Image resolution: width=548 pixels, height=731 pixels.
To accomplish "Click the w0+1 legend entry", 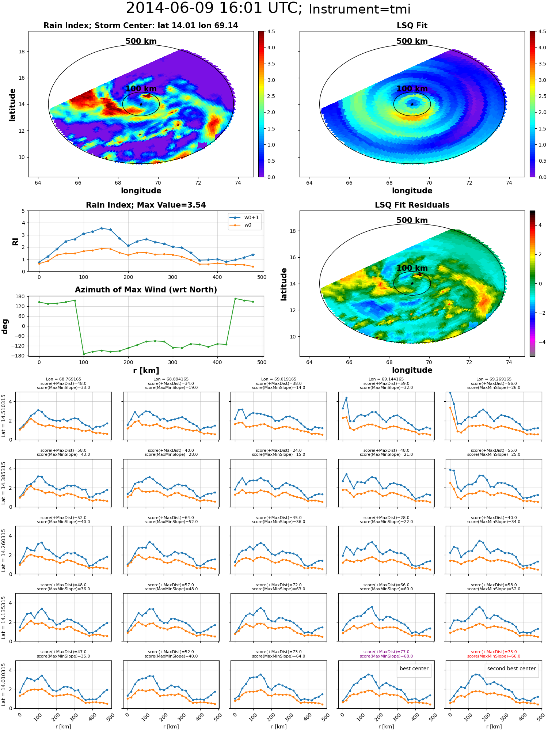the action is (244, 218).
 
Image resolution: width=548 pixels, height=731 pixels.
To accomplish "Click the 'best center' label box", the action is (414, 668).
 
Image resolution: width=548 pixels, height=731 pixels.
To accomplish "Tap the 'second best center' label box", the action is (511, 668).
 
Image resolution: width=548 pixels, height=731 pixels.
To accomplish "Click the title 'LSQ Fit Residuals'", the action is (412, 205).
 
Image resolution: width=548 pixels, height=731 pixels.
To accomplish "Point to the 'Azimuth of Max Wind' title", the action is (146, 290).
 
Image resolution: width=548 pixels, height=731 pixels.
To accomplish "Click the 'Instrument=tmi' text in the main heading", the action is (359, 9).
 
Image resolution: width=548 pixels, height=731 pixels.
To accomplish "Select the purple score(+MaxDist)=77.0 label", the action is (386, 652).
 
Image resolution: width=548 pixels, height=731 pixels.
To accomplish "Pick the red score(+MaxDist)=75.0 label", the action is (494, 652).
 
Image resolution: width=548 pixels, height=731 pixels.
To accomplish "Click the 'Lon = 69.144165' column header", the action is (386, 379).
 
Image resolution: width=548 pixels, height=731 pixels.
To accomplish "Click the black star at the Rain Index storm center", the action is (141, 104).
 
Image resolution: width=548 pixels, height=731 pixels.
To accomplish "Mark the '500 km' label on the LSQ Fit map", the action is (412, 41).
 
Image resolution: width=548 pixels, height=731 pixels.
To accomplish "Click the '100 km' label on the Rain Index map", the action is (141, 89).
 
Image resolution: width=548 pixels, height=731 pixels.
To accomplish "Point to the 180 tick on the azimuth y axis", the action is (21, 296).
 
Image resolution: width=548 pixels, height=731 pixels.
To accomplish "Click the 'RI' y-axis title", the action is (15, 241).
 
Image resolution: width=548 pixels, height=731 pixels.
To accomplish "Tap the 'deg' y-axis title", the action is (5, 326).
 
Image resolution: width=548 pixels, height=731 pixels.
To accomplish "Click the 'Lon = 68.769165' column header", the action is (64, 379).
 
